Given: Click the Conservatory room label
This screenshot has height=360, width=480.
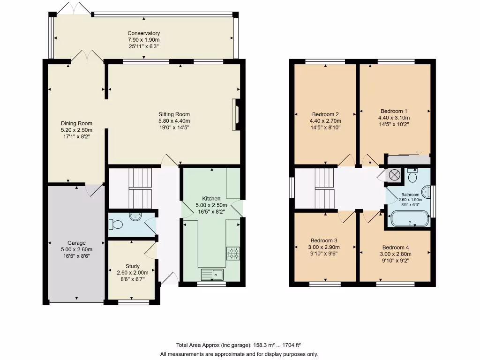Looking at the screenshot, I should (144, 33).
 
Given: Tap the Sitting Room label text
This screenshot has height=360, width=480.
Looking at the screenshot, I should (174, 114).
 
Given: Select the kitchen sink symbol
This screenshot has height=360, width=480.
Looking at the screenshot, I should (212, 274).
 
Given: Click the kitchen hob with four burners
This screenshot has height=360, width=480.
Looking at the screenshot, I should (233, 253).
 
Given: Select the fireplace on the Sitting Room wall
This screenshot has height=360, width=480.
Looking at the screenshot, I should (237, 114).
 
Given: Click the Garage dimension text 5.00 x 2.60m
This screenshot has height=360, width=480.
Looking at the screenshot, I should (76, 249).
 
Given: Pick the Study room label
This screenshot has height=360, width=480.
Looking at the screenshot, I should (133, 266).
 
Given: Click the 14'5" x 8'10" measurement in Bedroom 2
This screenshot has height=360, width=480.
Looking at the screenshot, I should (325, 127).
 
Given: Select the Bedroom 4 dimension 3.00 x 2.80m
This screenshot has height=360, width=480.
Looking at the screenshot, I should (395, 254).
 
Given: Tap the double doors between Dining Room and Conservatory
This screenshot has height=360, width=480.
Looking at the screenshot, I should (87, 57).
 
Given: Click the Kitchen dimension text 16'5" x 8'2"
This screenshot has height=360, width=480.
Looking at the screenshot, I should (211, 211).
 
